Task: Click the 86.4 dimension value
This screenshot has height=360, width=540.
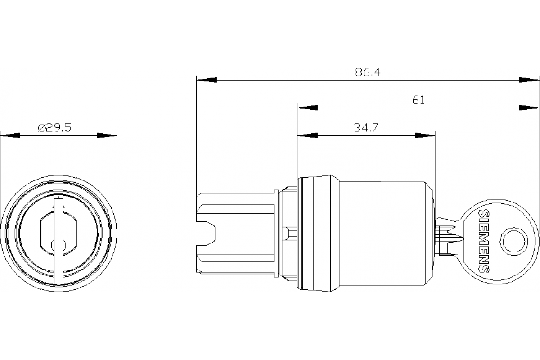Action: (368, 72)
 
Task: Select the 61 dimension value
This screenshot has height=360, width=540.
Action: (418, 100)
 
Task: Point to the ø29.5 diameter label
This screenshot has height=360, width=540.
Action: (54, 128)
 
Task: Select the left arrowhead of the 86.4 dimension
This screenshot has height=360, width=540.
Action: (207, 80)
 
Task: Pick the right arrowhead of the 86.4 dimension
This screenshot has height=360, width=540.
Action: (529, 80)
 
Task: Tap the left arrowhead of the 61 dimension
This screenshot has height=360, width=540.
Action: (307, 108)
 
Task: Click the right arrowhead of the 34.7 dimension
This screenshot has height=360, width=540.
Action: (425, 135)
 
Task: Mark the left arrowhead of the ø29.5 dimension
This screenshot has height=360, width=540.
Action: (10, 135)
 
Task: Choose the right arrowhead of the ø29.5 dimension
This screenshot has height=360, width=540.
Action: (107, 135)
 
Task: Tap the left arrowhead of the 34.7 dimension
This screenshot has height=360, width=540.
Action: (307, 135)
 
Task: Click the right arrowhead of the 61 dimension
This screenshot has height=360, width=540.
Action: (529, 108)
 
